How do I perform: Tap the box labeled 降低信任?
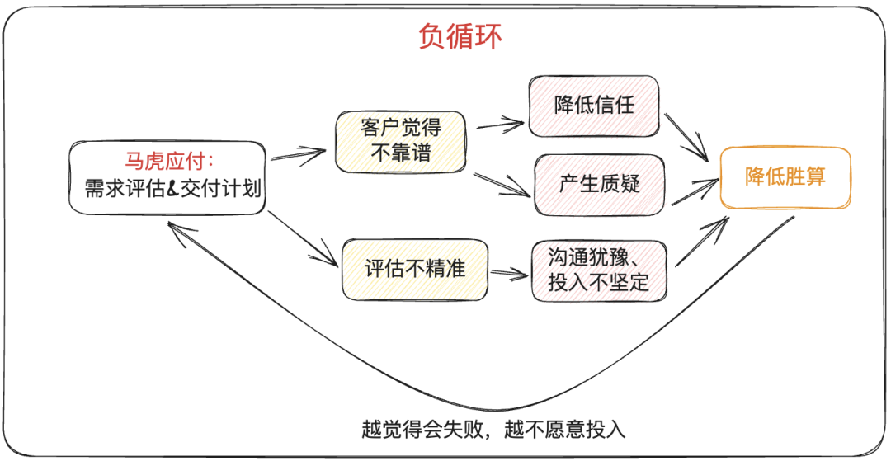595,105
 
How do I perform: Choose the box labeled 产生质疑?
599,183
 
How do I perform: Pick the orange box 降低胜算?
785,176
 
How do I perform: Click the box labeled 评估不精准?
414,270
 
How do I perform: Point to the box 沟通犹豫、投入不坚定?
598,270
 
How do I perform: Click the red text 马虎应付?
167,162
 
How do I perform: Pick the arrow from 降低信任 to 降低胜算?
689,135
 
